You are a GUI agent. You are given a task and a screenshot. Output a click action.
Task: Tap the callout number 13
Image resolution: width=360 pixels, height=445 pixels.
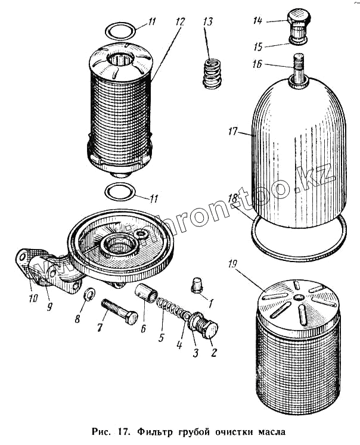pyautogui.click(x=207, y=21)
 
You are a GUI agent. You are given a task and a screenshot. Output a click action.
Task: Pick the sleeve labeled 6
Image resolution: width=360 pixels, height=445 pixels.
pyautogui.click(x=148, y=294)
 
